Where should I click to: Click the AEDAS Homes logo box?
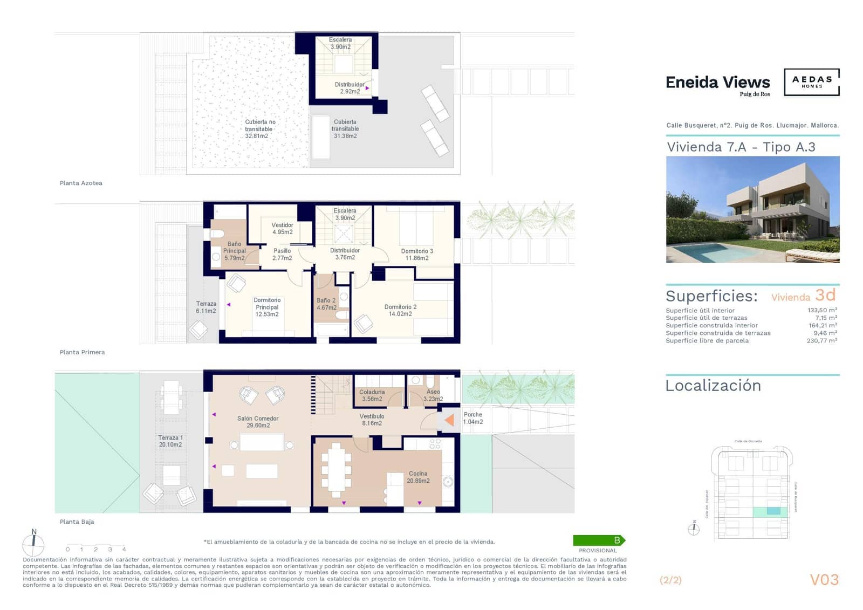click(x=811, y=82)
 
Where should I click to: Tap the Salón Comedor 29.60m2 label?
click(x=258, y=422)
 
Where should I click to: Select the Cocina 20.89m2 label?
click(x=418, y=477)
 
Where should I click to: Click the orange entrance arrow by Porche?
click(x=449, y=420)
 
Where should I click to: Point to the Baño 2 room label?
click(x=326, y=304)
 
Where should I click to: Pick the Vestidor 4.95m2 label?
click(x=282, y=229)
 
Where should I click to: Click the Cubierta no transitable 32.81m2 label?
click(x=259, y=129)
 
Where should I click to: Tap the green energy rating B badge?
click(x=599, y=540)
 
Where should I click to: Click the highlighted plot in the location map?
click(x=773, y=511)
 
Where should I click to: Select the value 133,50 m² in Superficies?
click(x=822, y=310)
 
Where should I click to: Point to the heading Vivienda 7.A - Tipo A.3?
click(x=741, y=147)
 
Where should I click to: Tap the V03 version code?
click(x=824, y=580)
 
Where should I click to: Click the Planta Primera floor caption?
click(x=82, y=352)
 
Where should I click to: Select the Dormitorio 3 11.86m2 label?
click(x=416, y=255)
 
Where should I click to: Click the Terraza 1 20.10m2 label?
click(x=170, y=441)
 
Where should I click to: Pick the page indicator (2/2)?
click(x=670, y=580)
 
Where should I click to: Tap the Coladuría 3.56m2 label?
click(x=372, y=395)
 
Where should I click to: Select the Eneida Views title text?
click(x=717, y=83)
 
